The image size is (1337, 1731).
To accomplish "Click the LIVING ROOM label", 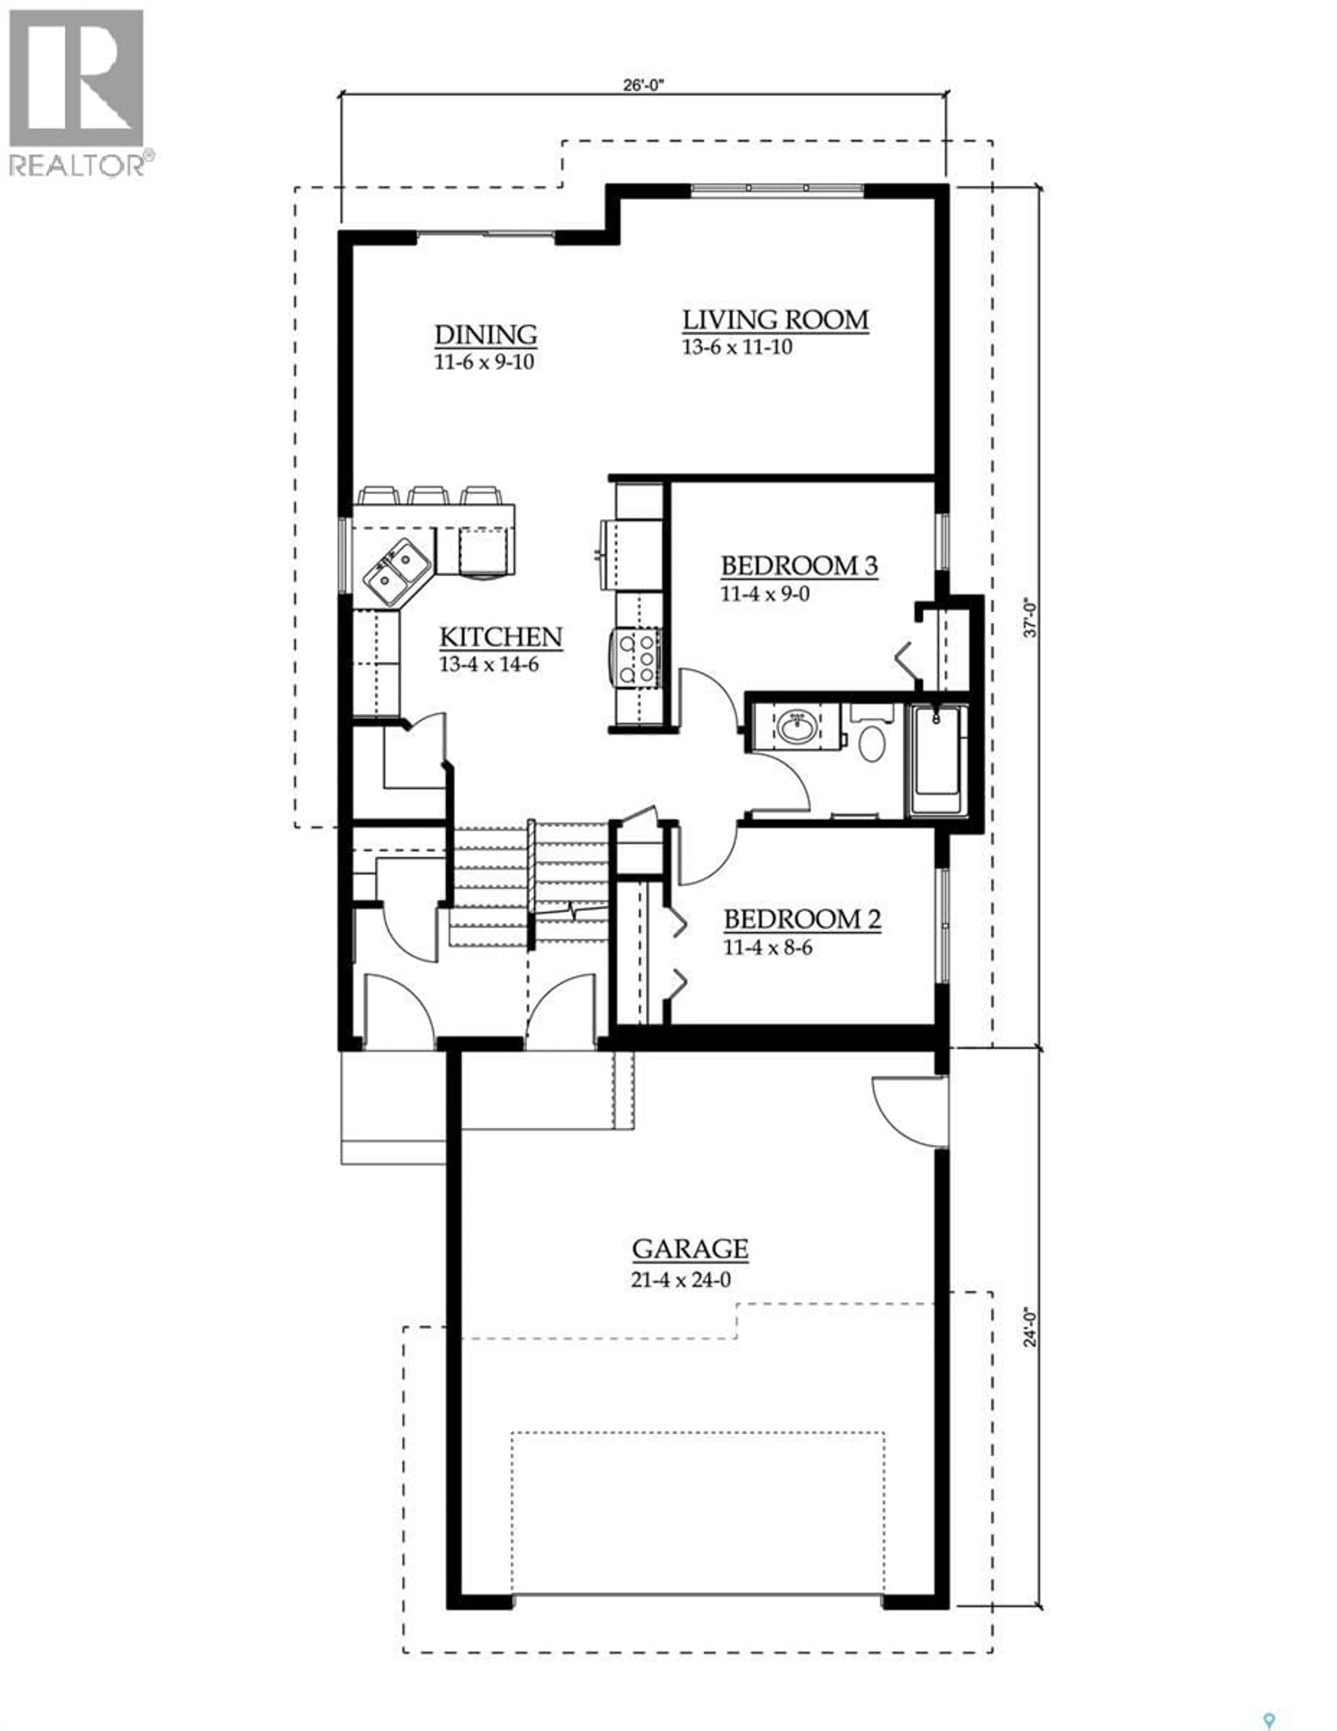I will click(x=775, y=320).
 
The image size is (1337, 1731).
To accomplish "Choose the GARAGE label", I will click(x=689, y=1249).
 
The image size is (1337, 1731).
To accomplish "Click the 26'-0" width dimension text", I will click(x=642, y=86).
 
